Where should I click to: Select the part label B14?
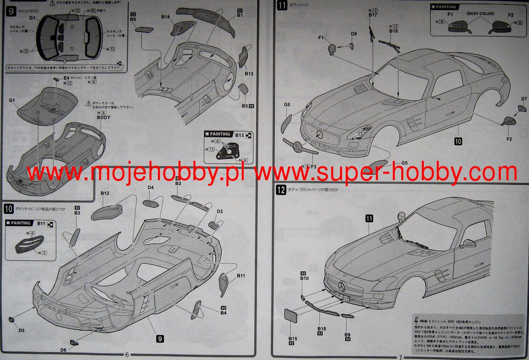[x=166, y=17]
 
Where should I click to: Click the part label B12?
[x=105, y=194]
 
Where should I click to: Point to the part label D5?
[x=21, y=331]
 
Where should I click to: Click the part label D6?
[x=63, y=350]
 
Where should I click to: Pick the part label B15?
[x=293, y=339]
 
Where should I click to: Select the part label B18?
[x=321, y=329]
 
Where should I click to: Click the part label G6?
[x=287, y=105]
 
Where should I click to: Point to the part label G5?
[x=405, y=163]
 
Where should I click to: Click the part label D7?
[x=524, y=99]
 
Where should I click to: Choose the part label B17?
[x=373, y=15]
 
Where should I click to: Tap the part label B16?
[x=394, y=31]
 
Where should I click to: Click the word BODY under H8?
[x=103, y=117]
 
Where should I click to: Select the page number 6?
[x=127, y=355]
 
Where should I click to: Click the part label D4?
[x=151, y=187]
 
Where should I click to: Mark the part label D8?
[x=353, y=34]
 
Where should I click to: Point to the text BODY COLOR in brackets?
[x=480, y=14]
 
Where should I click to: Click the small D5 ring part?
[x=13, y=320]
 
